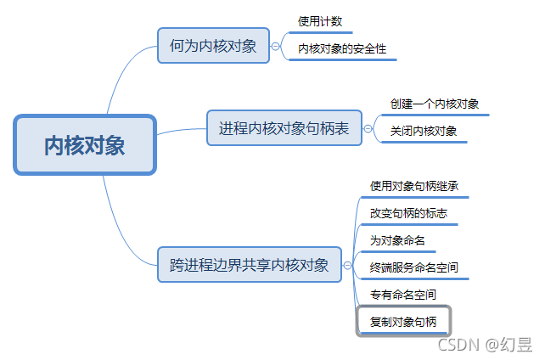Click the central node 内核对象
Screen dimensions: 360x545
[x=85, y=145]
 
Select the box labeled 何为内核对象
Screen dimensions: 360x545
[x=213, y=46]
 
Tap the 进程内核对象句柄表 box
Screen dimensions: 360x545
[x=284, y=128]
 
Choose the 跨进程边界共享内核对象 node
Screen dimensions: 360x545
[x=250, y=265]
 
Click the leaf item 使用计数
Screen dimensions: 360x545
[x=320, y=21]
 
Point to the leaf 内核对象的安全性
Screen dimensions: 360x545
[x=342, y=49]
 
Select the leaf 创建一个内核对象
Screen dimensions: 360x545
[x=435, y=104]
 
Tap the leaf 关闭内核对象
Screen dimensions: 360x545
[x=424, y=131]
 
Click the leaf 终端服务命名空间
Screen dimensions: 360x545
[x=414, y=267]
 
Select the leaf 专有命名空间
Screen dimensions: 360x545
[x=403, y=295]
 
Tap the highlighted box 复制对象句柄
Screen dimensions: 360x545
[x=404, y=321]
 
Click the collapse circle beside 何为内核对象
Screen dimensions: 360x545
[x=275, y=47]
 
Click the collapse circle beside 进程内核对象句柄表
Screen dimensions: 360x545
[x=368, y=129]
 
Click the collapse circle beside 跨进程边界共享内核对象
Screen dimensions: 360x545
[x=348, y=266]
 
